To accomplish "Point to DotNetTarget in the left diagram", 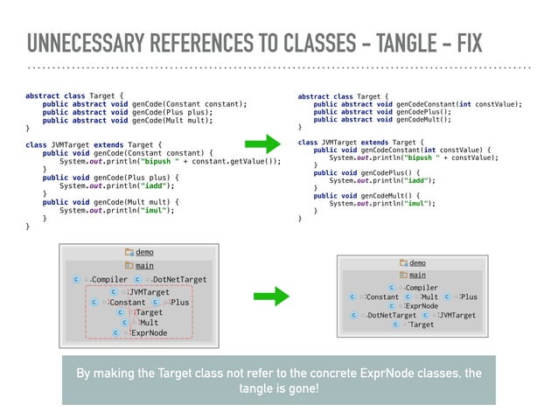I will pos(178,279).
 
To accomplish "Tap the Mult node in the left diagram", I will pos(144,322).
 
